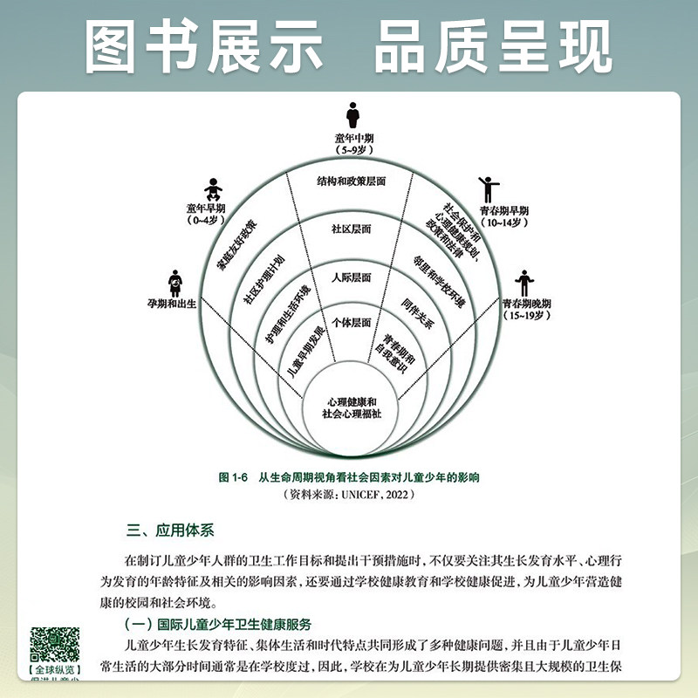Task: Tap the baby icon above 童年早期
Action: (211, 187)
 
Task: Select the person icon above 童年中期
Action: (352, 115)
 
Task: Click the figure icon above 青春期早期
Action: (485, 188)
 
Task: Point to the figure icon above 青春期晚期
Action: (523, 281)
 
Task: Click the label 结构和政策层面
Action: (351, 181)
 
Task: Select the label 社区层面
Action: (351, 229)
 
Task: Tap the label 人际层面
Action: (351, 277)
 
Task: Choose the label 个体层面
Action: (351, 323)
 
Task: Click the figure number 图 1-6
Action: (235, 478)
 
